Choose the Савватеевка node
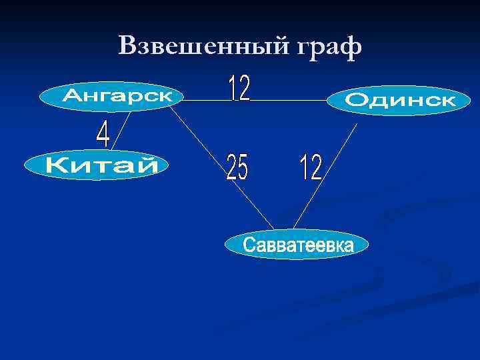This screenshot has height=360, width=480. click(x=297, y=245)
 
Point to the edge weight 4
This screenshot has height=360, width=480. click(x=103, y=135)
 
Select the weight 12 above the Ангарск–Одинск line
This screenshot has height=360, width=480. click(x=240, y=88)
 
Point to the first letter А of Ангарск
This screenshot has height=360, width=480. click(x=69, y=97)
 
